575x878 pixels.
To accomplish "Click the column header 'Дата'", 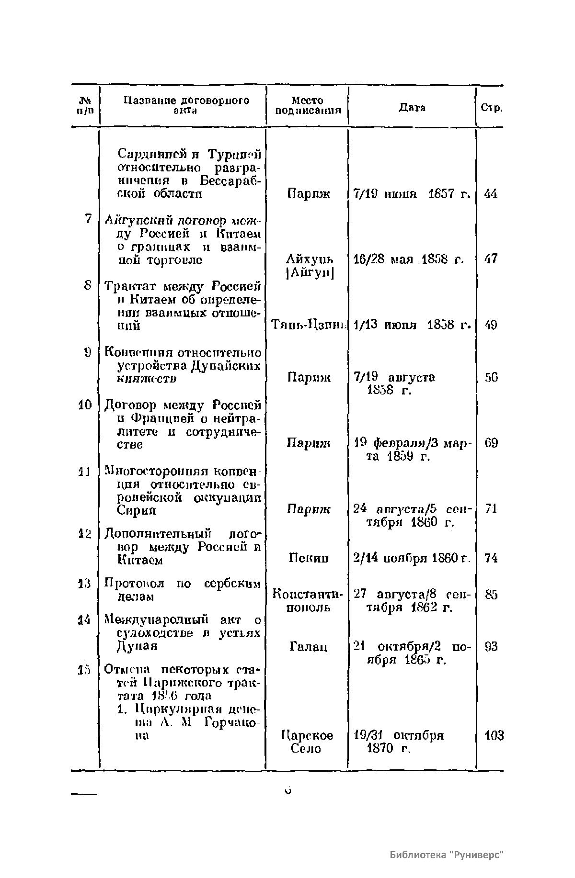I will click(x=412, y=108).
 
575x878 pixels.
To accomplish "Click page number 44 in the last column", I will click(x=491, y=194).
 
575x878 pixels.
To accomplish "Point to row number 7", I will click(x=87, y=219).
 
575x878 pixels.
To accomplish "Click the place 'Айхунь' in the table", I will click(x=309, y=259).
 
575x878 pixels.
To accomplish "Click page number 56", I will click(x=491, y=377).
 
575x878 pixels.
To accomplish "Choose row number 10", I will click(x=85, y=405).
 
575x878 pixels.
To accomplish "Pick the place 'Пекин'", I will click(x=309, y=558).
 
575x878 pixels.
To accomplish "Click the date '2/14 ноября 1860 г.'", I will click(x=412, y=558).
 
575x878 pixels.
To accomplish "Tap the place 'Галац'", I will click(x=309, y=647).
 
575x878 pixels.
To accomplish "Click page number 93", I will click(x=491, y=647).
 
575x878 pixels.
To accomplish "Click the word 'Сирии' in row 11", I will click(x=137, y=511).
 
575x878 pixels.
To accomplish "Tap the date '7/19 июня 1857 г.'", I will click(x=411, y=194).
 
